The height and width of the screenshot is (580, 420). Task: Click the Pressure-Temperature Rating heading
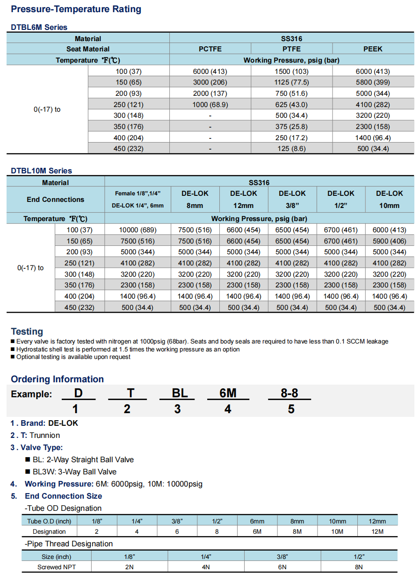(x=76, y=9)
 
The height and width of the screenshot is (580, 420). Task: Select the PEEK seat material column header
(x=373, y=49)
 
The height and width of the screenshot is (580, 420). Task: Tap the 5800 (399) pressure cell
(x=373, y=82)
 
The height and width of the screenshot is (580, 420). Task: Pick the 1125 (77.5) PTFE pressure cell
(x=291, y=82)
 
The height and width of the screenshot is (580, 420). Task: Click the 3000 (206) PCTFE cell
(x=210, y=82)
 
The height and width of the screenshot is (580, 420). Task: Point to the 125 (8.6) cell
(x=291, y=149)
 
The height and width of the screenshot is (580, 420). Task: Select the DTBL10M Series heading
(x=42, y=171)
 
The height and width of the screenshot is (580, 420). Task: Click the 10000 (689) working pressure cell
(x=138, y=230)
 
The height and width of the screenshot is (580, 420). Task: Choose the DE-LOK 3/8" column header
(x=292, y=199)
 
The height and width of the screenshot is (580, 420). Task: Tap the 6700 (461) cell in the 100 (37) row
(x=340, y=230)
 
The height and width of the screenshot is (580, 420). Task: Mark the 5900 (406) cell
(x=389, y=241)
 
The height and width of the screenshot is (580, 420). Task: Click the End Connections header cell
(x=55, y=200)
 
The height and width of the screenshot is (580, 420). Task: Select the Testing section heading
(x=27, y=331)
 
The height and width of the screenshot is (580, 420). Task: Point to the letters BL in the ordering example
(x=180, y=394)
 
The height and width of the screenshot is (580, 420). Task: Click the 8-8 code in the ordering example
(x=289, y=394)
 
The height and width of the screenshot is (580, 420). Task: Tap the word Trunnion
(x=45, y=436)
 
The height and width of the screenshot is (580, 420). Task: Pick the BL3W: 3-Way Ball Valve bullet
(x=74, y=472)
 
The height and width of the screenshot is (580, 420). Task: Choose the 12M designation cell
(x=377, y=532)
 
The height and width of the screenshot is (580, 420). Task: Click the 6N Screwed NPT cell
(x=282, y=567)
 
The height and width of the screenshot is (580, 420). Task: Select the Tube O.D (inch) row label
(x=49, y=522)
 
